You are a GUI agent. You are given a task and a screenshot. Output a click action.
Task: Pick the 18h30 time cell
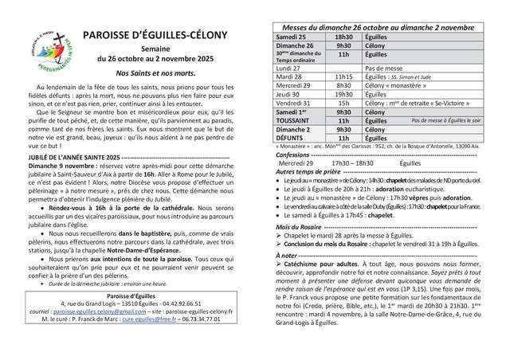pyautogui.click(x=343, y=37)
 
